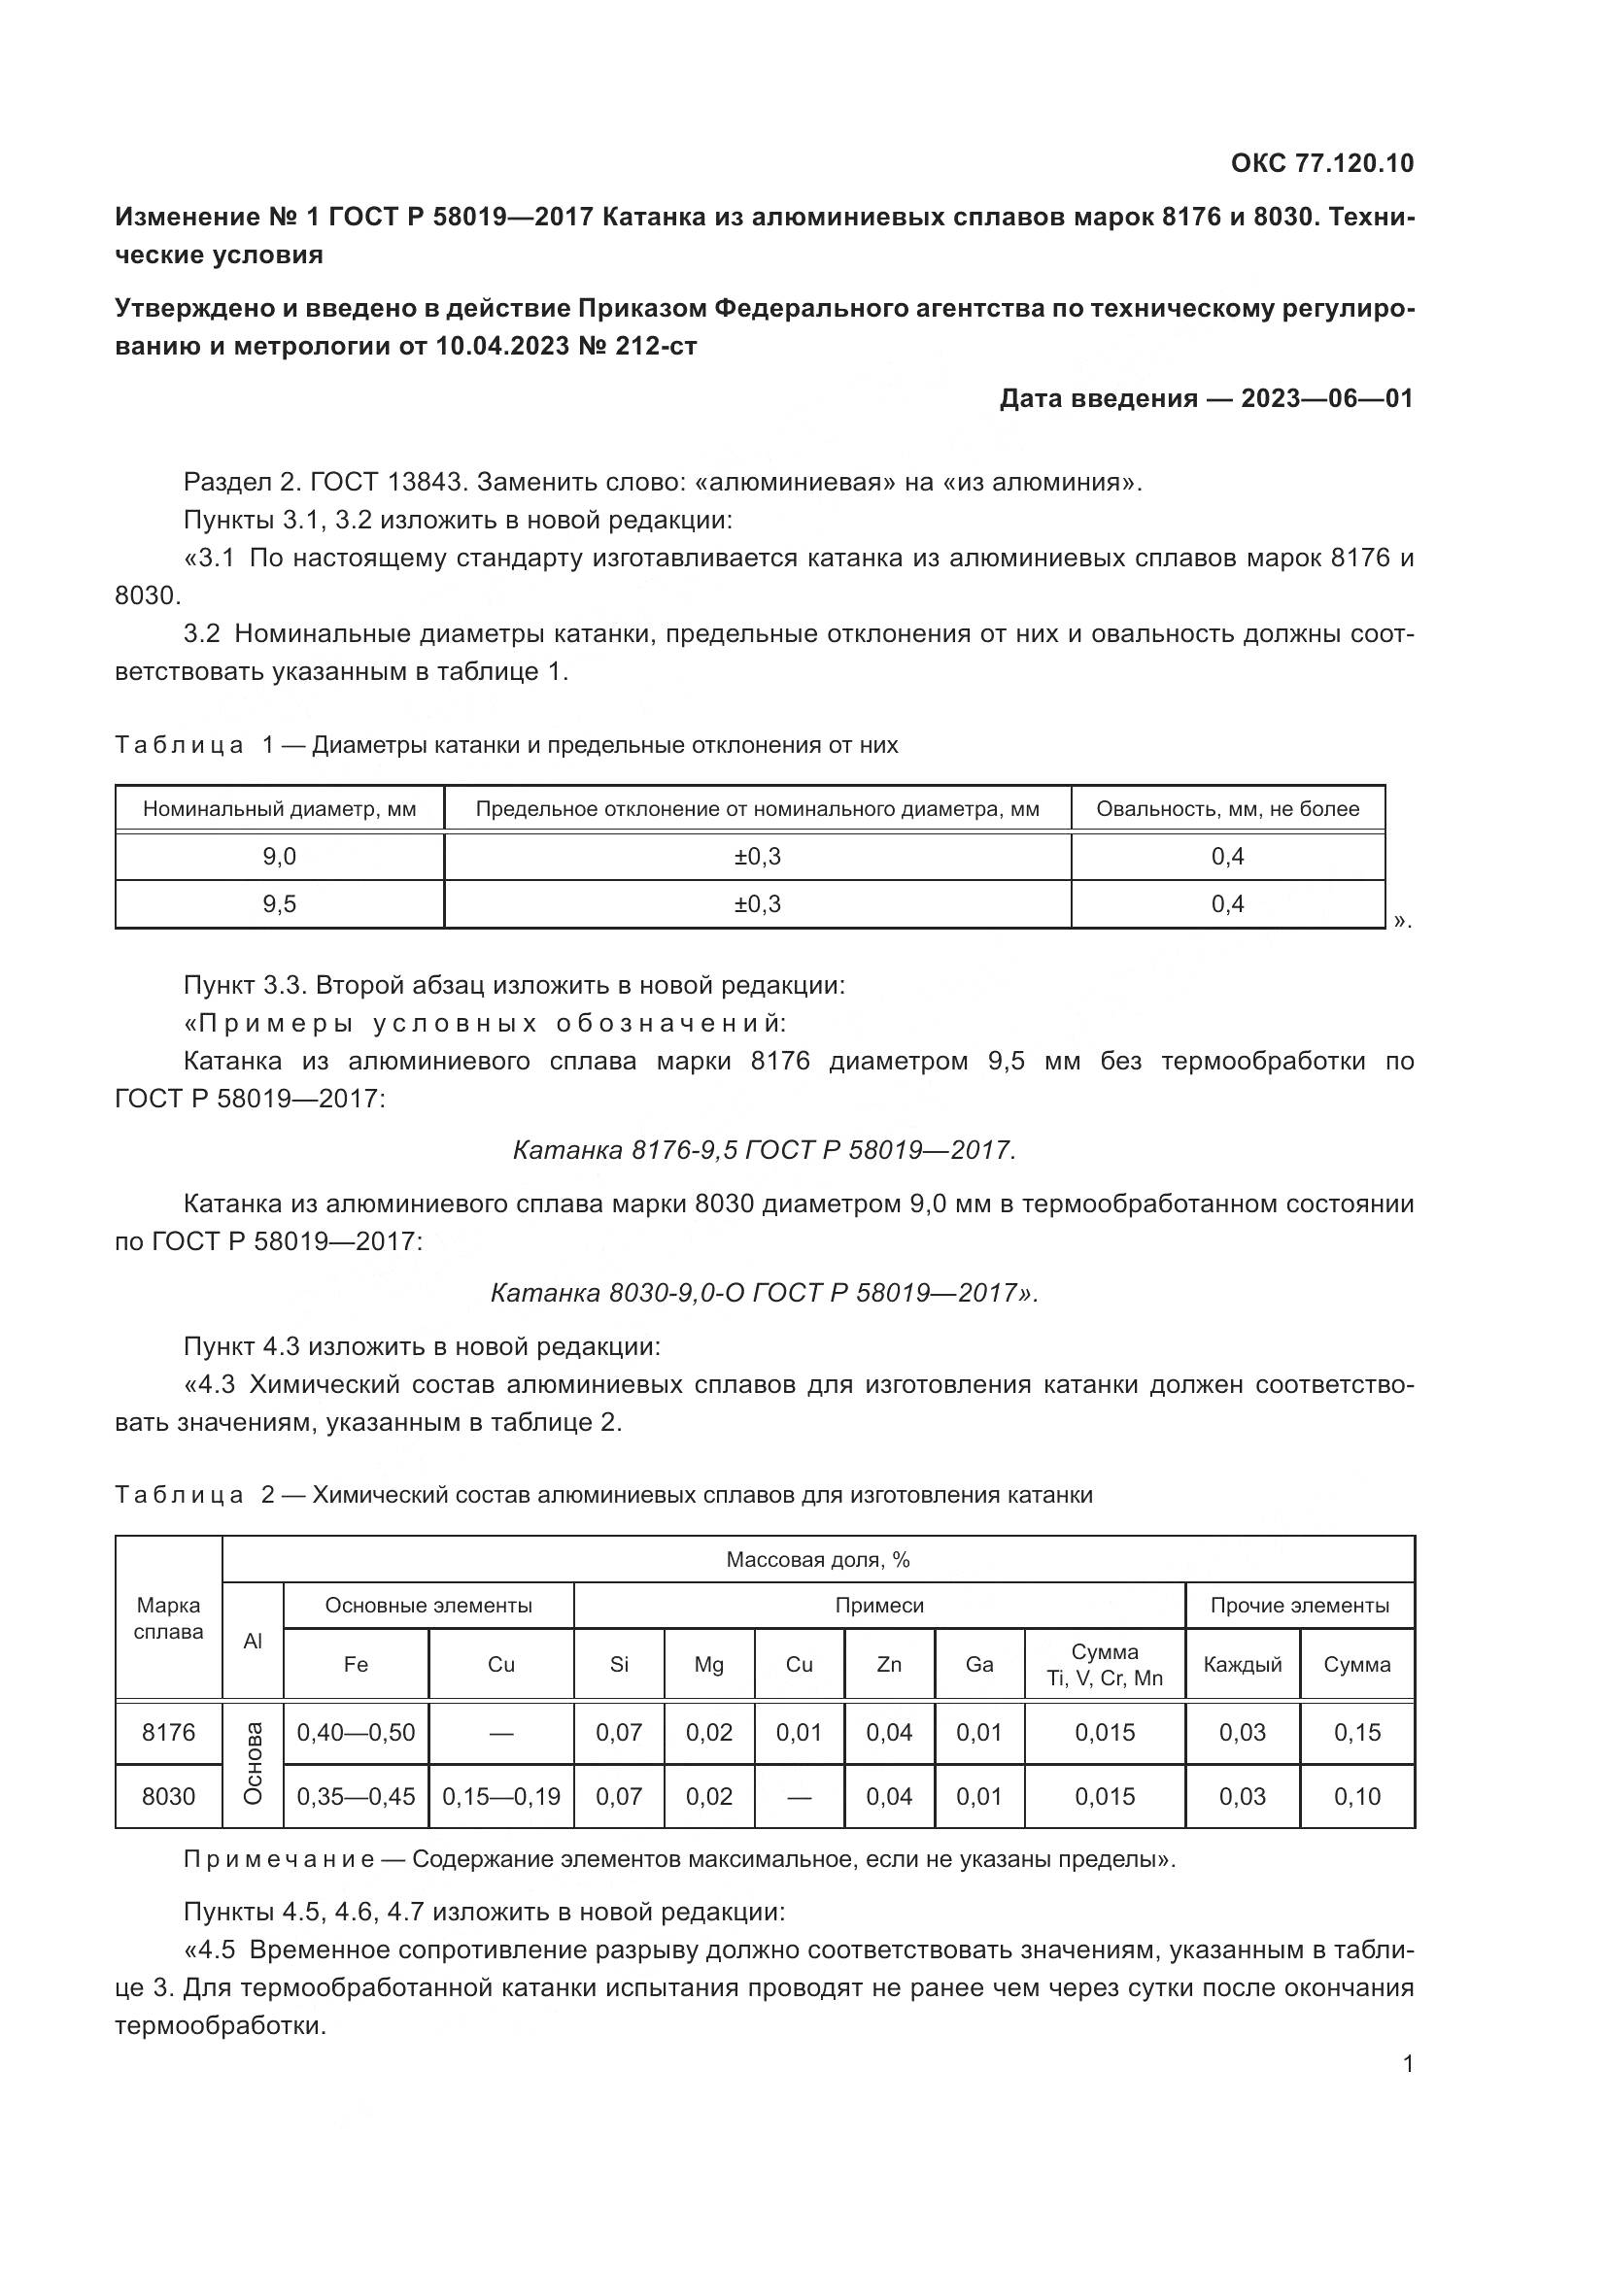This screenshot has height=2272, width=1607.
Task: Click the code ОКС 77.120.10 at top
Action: pyautogui.click(x=1322, y=163)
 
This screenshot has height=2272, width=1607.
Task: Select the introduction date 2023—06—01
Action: pyautogui.click(x=1326, y=399)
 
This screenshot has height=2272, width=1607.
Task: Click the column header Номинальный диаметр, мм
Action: pyautogui.click(x=279, y=808)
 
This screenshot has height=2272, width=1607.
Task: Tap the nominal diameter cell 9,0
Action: pyautogui.click(x=279, y=856)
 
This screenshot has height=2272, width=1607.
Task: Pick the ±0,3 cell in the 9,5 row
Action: pyautogui.click(x=757, y=903)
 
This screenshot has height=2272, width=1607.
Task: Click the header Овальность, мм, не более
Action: pyautogui.click(x=1227, y=808)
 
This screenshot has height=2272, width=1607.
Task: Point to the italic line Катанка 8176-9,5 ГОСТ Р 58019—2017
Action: pyautogui.click(x=764, y=1150)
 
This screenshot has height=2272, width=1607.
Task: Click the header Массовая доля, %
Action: pyautogui.click(x=817, y=1560)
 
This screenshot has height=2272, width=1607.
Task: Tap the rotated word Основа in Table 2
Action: pyautogui.click(x=254, y=1763)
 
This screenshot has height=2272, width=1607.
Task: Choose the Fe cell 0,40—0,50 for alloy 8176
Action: pyautogui.click(x=357, y=1732)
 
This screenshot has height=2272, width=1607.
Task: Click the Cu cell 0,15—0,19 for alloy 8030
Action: pyautogui.click(x=500, y=1796)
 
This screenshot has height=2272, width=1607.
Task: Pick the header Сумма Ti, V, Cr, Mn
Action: pyautogui.click(x=1105, y=1665)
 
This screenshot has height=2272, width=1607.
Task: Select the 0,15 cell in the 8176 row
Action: pyautogui.click(x=1356, y=1732)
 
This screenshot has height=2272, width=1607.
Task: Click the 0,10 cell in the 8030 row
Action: pyautogui.click(x=1356, y=1796)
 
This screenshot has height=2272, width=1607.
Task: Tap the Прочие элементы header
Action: pyautogui.click(x=1299, y=1605)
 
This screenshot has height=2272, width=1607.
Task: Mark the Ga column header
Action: pyautogui.click(x=978, y=1665)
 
